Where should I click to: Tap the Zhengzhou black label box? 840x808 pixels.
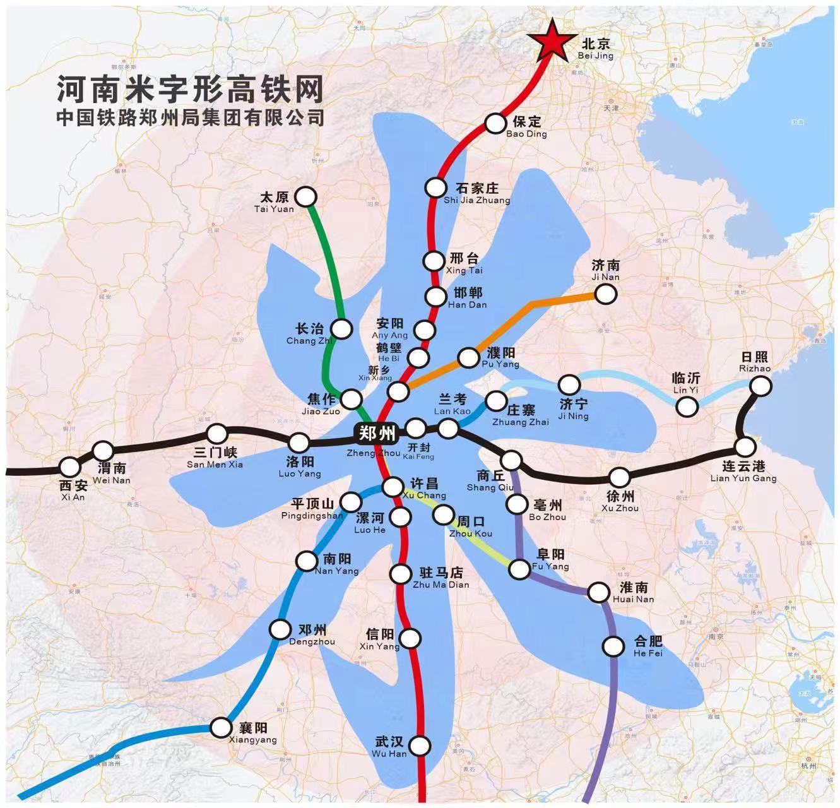pos(376,433)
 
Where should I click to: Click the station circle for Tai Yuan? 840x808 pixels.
pos(306,197)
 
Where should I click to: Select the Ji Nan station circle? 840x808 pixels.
pos(605,294)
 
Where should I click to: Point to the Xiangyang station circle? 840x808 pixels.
pos(221,727)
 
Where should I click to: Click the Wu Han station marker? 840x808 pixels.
pos(421,746)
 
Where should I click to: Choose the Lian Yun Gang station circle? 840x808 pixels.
pos(745,447)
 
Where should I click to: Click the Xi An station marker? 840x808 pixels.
pos(69,467)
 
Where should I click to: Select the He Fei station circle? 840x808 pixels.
pos(613,646)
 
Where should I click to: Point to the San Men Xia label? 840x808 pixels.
pos(215,458)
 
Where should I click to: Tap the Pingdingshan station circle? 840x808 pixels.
pos(349,502)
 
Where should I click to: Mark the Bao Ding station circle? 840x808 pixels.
pos(495,124)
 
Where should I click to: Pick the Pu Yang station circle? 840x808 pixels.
pos(468,358)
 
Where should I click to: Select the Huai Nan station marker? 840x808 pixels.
pos(598,593)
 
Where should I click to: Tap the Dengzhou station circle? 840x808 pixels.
pos(280,629)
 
